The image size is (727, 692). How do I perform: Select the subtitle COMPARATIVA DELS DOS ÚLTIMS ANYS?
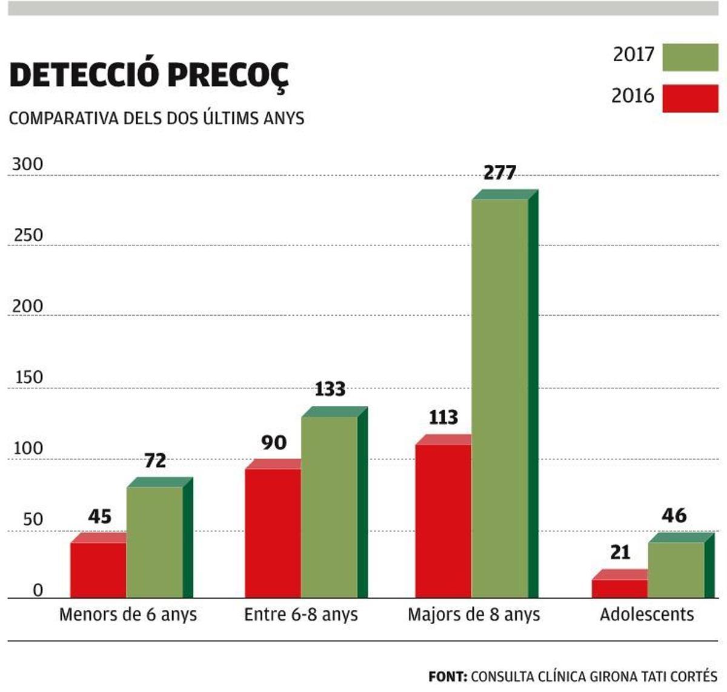[x=156, y=118]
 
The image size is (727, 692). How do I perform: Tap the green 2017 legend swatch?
[x=690, y=57]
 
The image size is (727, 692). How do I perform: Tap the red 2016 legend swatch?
[x=690, y=98]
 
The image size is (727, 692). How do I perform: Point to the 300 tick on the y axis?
[x=28, y=164]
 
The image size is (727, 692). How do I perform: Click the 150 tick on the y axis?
[x=28, y=378]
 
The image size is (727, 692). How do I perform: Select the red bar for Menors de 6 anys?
[x=98, y=570]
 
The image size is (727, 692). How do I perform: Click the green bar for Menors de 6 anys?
[x=155, y=542]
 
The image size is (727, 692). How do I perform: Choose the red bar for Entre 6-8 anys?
[x=273, y=533]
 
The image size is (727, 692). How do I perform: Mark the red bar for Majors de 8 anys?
[x=443, y=521]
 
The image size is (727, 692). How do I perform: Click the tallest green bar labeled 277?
[x=500, y=398]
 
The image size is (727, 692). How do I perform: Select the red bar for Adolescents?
[x=619, y=588]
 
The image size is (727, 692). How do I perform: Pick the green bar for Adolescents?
[x=676, y=570]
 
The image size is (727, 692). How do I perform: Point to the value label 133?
[x=330, y=389]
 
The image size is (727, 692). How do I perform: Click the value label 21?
[x=620, y=552]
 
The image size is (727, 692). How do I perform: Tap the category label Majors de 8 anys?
[x=473, y=614]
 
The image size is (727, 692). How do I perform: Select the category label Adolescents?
[x=646, y=614]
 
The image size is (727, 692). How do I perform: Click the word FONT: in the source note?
[x=447, y=676]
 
